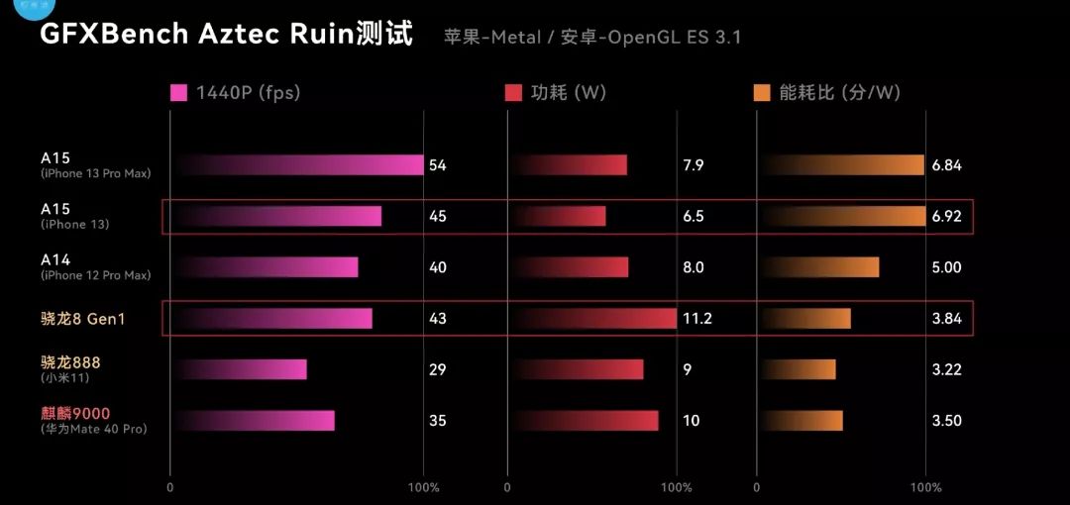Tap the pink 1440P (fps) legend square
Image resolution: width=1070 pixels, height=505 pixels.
pyautogui.click(x=179, y=93)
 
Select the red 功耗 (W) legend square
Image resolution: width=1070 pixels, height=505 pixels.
pyautogui.click(x=513, y=93)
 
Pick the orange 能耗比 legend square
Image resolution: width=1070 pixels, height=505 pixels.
pyautogui.click(x=762, y=93)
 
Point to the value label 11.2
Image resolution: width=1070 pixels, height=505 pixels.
pyautogui.click(x=697, y=319)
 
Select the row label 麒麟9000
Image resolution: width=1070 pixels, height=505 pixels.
pyautogui.click(x=75, y=413)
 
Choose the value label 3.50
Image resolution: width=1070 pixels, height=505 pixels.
pyautogui.click(x=946, y=421)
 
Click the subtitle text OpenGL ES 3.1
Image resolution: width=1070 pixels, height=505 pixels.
pyautogui.click(x=674, y=38)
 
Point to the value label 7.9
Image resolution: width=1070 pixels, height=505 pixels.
pyautogui.click(x=694, y=165)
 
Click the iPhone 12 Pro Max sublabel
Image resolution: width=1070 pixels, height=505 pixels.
pyautogui.click(x=96, y=275)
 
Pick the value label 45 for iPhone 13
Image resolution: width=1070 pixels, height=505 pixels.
pyautogui.click(x=437, y=216)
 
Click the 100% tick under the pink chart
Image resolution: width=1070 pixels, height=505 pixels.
pyautogui.click(x=423, y=488)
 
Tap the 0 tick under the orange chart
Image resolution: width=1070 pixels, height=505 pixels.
pyautogui.click(x=757, y=488)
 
